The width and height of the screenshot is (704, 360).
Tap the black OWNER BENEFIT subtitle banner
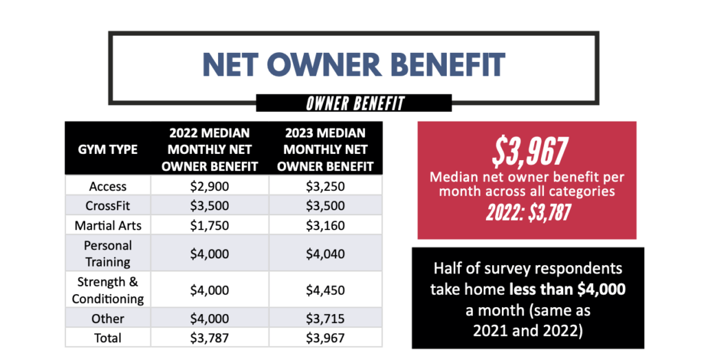coord(354,104)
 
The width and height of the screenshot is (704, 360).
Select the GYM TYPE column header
coord(108,149)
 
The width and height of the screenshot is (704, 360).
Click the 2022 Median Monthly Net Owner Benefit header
coord(209,149)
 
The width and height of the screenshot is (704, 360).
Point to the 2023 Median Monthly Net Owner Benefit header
coord(325,149)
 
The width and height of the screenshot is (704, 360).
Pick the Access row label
coord(108,186)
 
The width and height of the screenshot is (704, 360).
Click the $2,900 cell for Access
coord(209,186)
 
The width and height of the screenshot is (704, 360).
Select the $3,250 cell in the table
coord(325,186)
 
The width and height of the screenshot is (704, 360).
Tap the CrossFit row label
coord(108,205)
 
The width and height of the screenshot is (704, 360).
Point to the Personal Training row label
coord(108,253)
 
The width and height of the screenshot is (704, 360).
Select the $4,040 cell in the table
coord(325,253)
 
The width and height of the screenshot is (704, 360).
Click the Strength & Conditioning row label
coord(108,290)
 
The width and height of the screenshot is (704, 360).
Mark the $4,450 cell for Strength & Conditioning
coord(325,290)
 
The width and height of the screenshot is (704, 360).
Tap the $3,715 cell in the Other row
coord(325,319)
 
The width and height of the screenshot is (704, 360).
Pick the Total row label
coord(108,337)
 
